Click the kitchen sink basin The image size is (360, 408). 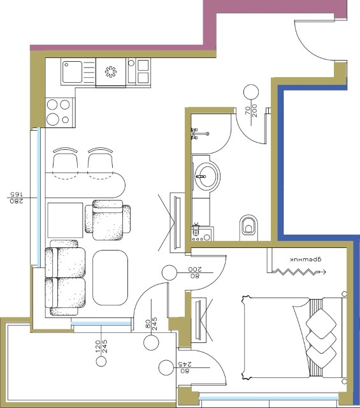(72, 71)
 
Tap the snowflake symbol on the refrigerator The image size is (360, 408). (111, 72)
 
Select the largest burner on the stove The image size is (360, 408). (52, 119)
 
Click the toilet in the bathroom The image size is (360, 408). (249, 227)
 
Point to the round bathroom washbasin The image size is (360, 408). (206, 176)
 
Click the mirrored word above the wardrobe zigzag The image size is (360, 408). (306, 259)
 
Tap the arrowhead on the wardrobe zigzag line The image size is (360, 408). (323, 272)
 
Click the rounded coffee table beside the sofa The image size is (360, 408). (110, 277)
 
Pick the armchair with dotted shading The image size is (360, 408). (108, 220)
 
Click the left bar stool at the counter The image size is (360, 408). (65, 163)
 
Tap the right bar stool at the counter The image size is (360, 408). (100, 163)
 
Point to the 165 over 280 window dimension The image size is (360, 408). (16, 198)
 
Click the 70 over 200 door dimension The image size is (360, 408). (251, 111)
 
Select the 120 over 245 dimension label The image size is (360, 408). (101, 346)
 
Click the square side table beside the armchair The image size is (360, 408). (65, 220)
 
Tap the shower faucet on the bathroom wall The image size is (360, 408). (199, 133)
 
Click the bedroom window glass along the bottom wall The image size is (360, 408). (269, 398)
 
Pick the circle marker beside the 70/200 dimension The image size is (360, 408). (251, 92)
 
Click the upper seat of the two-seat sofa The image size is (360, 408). (65, 262)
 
